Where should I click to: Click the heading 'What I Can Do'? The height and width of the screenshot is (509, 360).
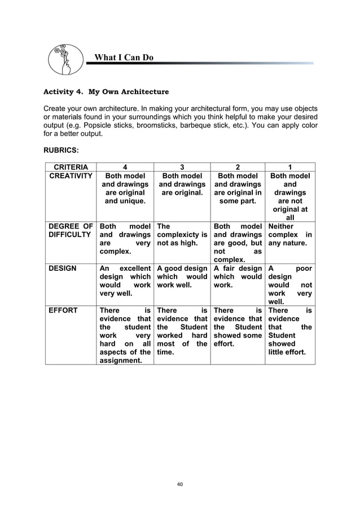(123, 58)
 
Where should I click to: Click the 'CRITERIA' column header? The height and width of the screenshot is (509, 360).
(71, 167)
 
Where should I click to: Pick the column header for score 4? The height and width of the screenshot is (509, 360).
(125, 167)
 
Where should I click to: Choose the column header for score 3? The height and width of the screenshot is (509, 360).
(181, 167)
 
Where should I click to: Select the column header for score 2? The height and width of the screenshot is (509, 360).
(238, 167)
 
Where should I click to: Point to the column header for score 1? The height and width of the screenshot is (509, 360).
(290, 167)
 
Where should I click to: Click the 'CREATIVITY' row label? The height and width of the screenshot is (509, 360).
(71, 177)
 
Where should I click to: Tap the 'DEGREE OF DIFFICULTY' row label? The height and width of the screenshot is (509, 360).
(71, 230)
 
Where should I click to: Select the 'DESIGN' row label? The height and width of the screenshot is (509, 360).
(63, 269)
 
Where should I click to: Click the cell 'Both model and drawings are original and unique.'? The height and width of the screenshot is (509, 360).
(125, 188)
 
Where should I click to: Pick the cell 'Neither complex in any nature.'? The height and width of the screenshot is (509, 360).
(290, 235)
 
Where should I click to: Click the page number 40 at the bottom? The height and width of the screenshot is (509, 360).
(180, 484)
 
